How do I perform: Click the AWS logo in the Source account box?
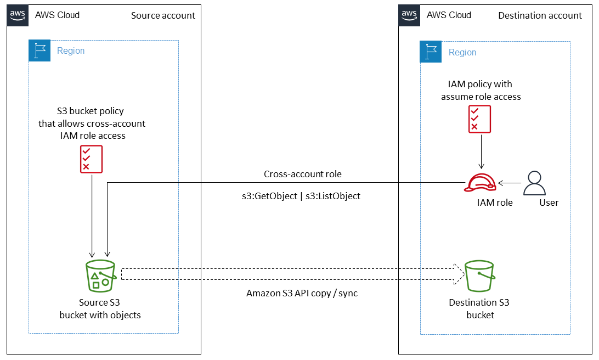tap(18, 15)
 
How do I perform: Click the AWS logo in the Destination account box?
tap(409, 15)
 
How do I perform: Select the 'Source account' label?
tap(163, 15)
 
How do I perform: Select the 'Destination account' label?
tap(540, 15)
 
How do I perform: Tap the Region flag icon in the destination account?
tap(431, 52)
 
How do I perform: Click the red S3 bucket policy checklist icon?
tap(91, 159)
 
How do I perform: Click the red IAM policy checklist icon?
tap(479, 119)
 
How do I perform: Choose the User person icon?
tap(534, 183)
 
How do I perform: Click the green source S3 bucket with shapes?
tap(100, 275)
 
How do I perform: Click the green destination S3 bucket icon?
tap(479, 276)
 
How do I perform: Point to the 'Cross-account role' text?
tap(302, 174)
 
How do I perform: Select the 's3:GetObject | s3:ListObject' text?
tap(297, 195)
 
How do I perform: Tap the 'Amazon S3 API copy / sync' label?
tap(302, 293)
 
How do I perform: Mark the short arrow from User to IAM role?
tap(508, 183)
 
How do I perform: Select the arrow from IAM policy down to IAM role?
tap(482, 151)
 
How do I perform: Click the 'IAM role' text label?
tap(494, 203)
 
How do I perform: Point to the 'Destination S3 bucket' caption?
tap(479, 308)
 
